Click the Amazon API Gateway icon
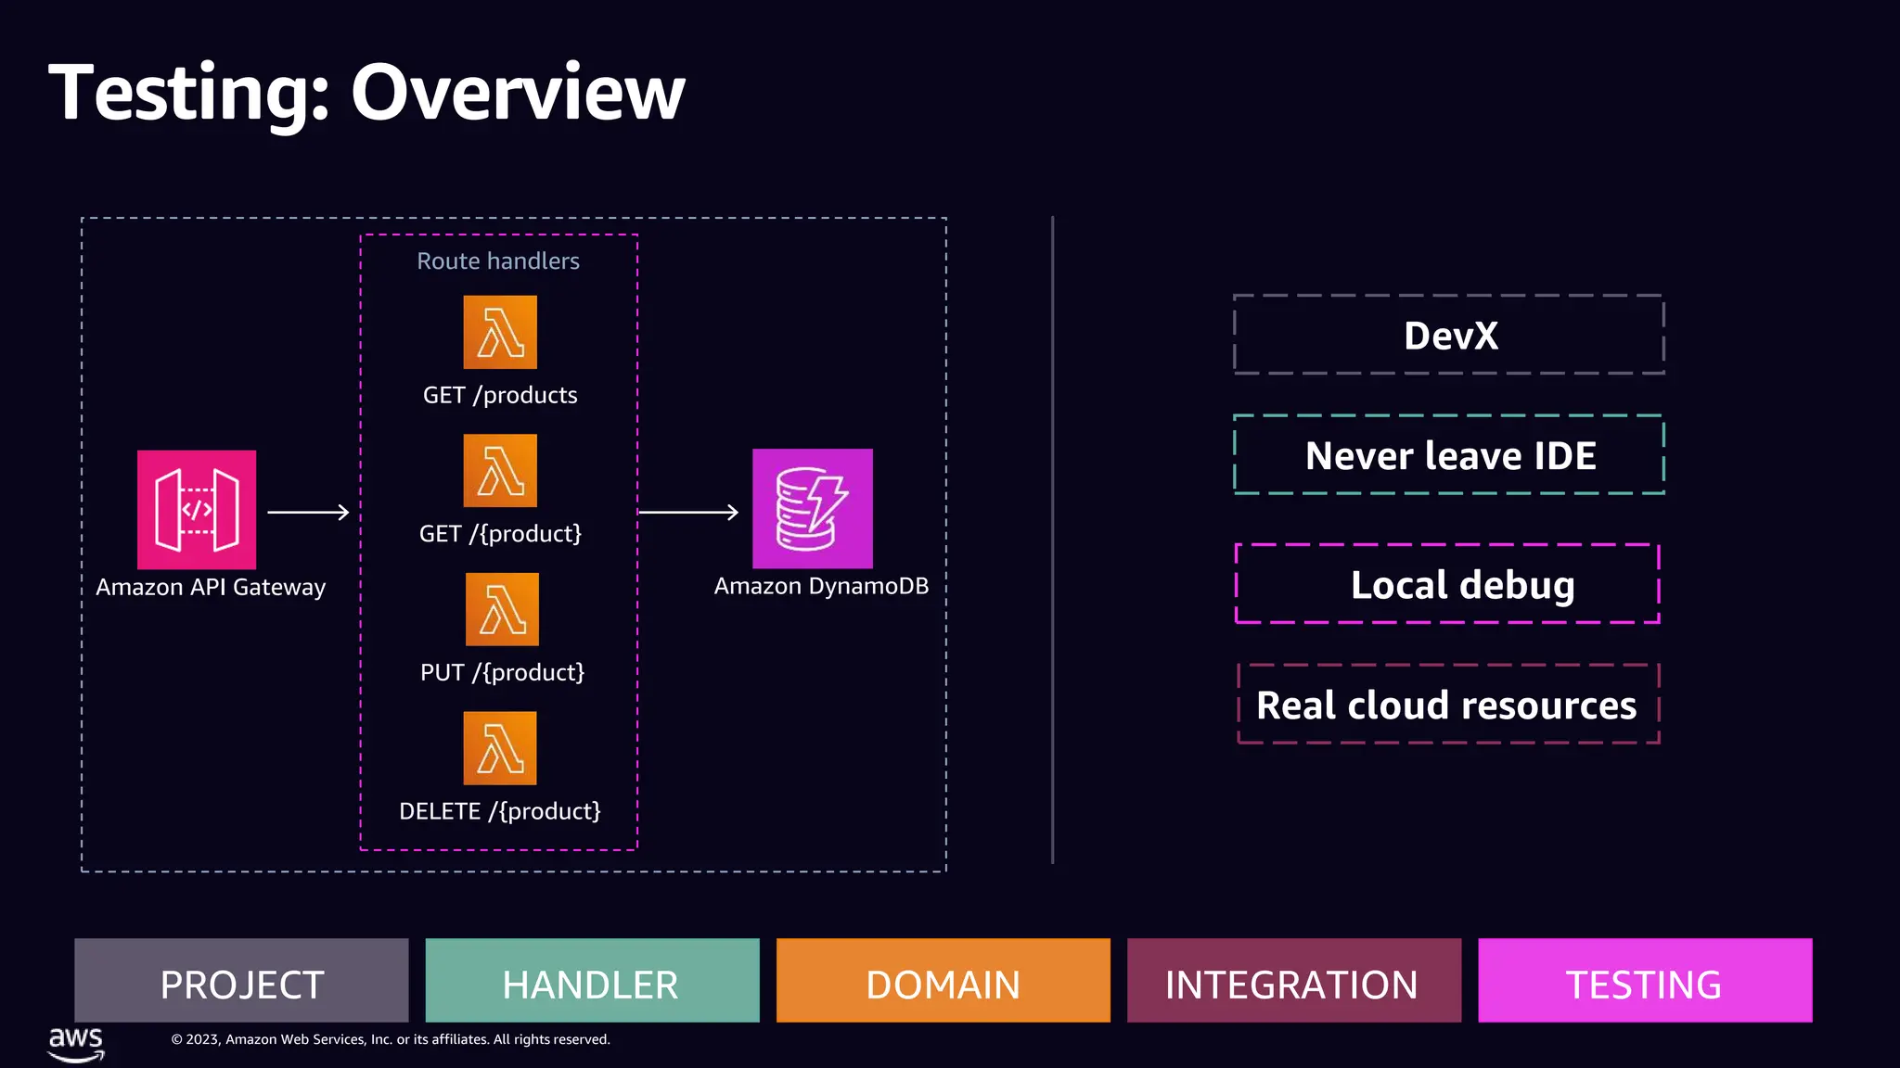197,510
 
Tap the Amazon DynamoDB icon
812,509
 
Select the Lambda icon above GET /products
500,332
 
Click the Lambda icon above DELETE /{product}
500,748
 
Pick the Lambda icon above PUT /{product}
502,609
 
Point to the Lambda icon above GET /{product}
500,471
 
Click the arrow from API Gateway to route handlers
308,512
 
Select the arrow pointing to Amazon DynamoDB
688,512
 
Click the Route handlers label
498,261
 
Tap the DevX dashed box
1449,336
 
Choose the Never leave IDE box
1449,455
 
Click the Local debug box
1447,584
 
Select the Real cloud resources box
1447,705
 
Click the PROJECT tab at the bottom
241,981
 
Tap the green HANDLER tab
592,981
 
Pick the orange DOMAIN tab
943,981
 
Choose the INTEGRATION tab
1293,981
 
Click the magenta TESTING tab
1644,981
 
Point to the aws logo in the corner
76,1042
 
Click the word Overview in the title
518,93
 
